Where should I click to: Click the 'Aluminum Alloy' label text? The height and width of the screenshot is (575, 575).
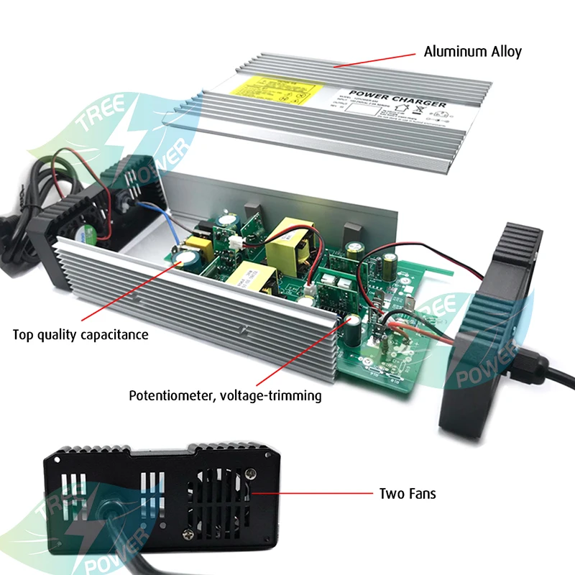click(472, 52)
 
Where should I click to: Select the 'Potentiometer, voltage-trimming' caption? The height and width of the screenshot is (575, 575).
click(225, 395)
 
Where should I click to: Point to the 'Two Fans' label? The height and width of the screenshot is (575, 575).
click(407, 494)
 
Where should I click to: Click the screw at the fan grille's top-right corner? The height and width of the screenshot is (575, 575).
click(251, 474)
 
